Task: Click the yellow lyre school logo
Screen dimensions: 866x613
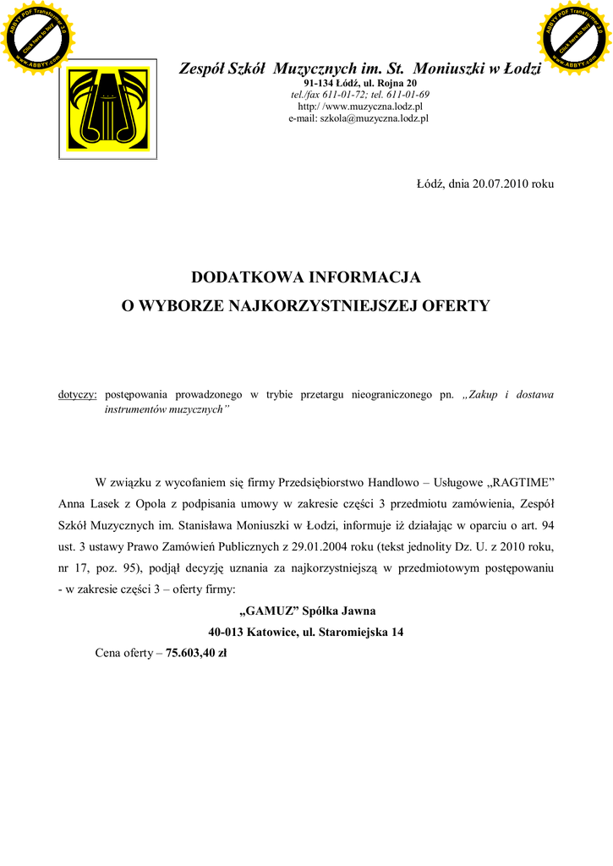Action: (107, 108)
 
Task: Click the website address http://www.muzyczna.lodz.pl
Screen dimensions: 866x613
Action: (359, 107)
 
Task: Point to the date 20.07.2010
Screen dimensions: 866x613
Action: (500, 184)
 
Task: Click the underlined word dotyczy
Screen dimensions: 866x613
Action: (77, 395)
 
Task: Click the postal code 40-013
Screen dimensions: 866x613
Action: (227, 633)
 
